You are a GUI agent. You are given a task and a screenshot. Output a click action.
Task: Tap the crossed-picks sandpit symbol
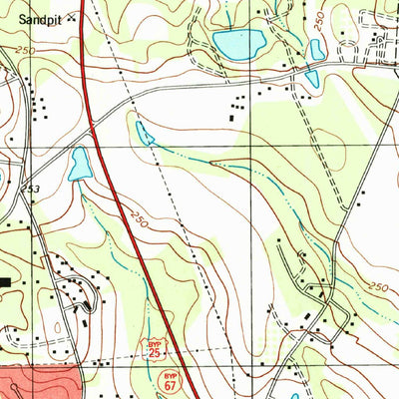point(72,18)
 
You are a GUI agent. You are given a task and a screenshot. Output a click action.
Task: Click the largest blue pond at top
point(238,43)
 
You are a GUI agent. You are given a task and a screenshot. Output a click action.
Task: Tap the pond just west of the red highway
point(79,165)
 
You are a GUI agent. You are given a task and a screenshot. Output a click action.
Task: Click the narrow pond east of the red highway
point(146,133)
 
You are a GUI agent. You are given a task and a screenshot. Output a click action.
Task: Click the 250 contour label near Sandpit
point(24,50)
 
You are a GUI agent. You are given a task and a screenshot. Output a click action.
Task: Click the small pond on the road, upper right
point(311,77)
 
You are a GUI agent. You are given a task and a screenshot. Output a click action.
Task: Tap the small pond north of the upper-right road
point(317,49)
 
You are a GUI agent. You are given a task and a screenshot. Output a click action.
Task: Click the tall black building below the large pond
point(234,119)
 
